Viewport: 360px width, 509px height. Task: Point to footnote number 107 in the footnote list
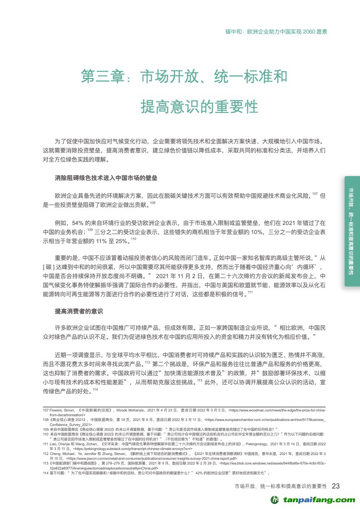tap(45, 411)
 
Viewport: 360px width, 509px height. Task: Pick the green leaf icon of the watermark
tap(275, 499)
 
